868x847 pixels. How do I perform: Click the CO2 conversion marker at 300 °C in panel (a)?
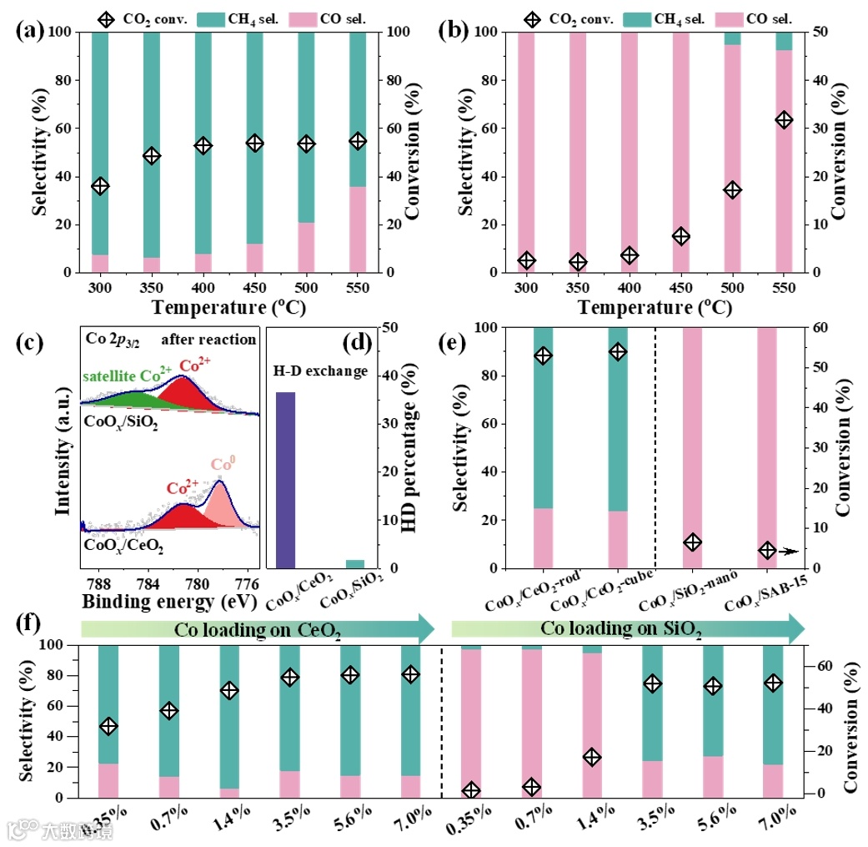pyautogui.click(x=100, y=186)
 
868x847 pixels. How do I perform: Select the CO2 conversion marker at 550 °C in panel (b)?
pyautogui.click(x=784, y=120)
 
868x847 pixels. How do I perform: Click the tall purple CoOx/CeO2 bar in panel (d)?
pyautogui.click(x=286, y=480)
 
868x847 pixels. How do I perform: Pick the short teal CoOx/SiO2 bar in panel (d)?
pyautogui.click(x=355, y=564)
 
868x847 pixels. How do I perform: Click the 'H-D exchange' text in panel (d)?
pyautogui.click(x=321, y=371)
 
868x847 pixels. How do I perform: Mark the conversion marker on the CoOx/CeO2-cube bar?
pyautogui.click(x=618, y=352)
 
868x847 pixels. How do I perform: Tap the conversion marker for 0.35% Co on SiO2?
pyautogui.click(x=472, y=790)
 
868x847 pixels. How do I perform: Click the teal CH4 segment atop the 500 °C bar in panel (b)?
pyautogui.click(x=732, y=38)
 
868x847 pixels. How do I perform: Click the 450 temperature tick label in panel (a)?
pyautogui.click(x=254, y=287)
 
